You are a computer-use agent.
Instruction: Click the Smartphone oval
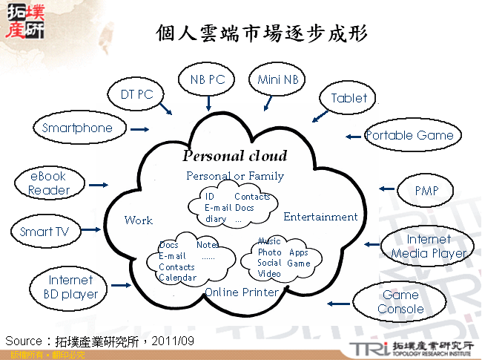[x=77, y=128]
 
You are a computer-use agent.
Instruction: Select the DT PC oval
[x=136, y=94]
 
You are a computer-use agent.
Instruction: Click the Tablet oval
[x=349, y=98]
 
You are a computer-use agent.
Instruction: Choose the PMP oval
[x=426, y=191]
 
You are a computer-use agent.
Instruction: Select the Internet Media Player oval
[x=428, y=246]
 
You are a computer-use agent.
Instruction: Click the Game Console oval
[x=400, y=302]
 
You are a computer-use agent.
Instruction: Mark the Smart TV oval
[x=44, y=232]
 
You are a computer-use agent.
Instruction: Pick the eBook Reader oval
[x=48, y=183]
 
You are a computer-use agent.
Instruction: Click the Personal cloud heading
[x=234, y=157]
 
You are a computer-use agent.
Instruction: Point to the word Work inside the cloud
[x=139, y=220]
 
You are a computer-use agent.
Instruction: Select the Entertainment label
[x=320, y=217]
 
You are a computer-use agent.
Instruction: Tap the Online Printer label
[x=242, y=292]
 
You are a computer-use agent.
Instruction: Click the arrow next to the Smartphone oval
[x=139, y=129]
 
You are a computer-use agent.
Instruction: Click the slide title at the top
[x=262, y=33]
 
